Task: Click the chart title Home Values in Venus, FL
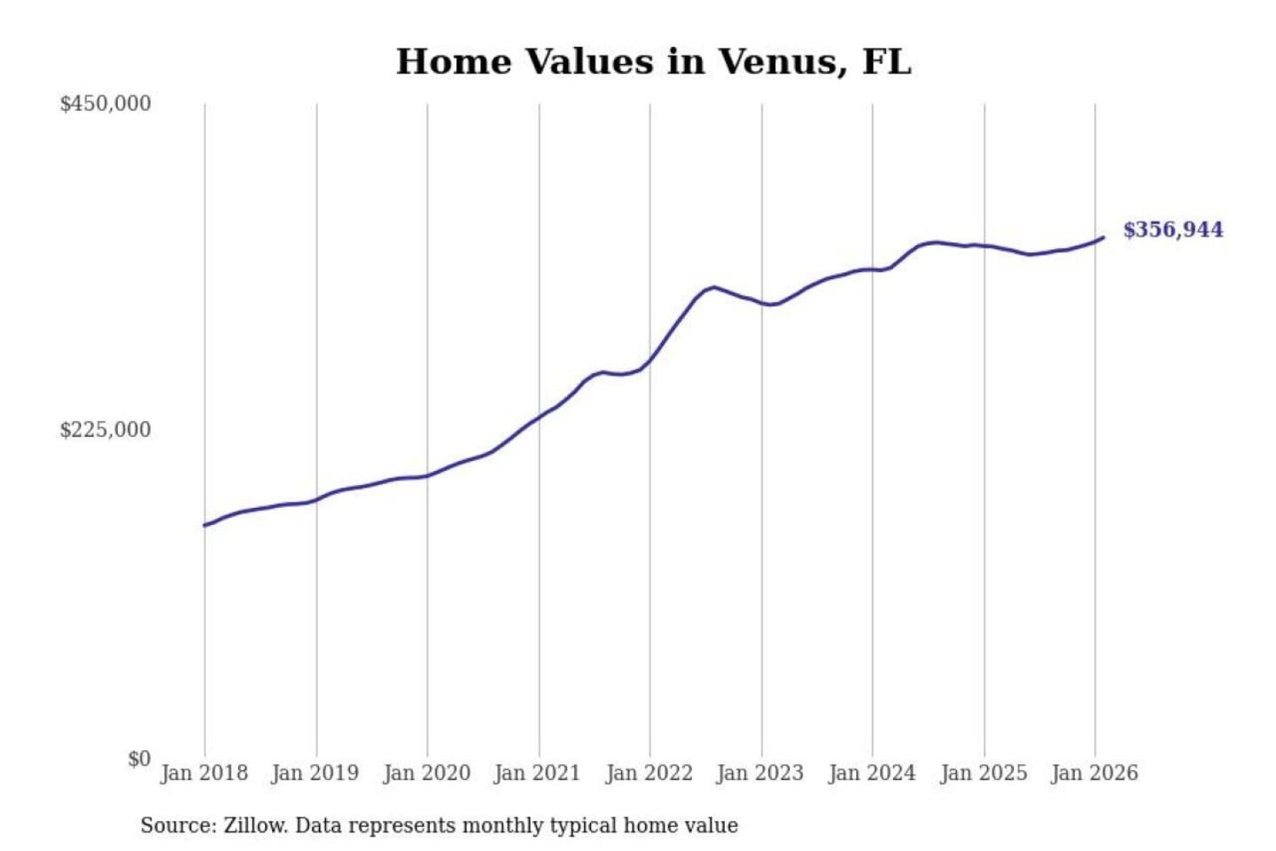pyautogui.click(x=653, y=62)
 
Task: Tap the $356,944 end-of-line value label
pyautogui.click(x=1172, y=230)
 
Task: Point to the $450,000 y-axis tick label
pyautogui.click(x=105, y=104)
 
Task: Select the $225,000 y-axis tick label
pyautogui.click(x=105, y=430)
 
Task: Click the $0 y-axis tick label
pyautogui.click(x=139, y=759)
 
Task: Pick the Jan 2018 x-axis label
pyautogui.click(x=204, y=773)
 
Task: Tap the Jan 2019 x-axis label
pyautogui.click(x=315, y=773)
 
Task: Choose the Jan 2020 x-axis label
pyautogui.click(x=426, y=773)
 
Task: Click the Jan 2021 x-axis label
pyautogui.click(x=537, y=773)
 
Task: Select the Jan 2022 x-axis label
pyautogui.click(x=649, y=773)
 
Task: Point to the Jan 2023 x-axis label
pyautogui.click(x=759, y=773)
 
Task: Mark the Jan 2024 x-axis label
pyautogui.click(x=871, y=773)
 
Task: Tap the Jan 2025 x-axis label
pyautogui.click(x=983, y=773)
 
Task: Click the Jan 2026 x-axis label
pyautogui.click(x=1093, y=773)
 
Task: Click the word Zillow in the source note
pyautogui.click(x=254, y=826)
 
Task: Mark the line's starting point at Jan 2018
pyautogui.click(x=205, y=526)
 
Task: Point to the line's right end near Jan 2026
pyautogui.click(x=1102, y=238)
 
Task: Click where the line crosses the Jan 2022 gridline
pyautogui.click(x=650, y=362)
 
